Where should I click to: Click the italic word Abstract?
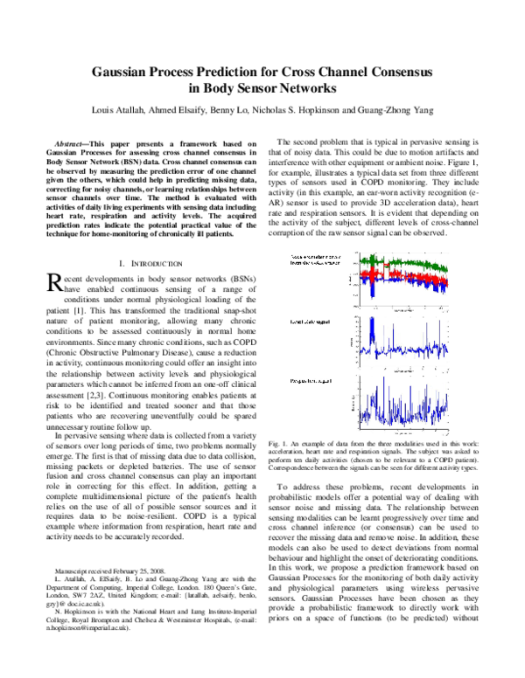click(75, 142)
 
